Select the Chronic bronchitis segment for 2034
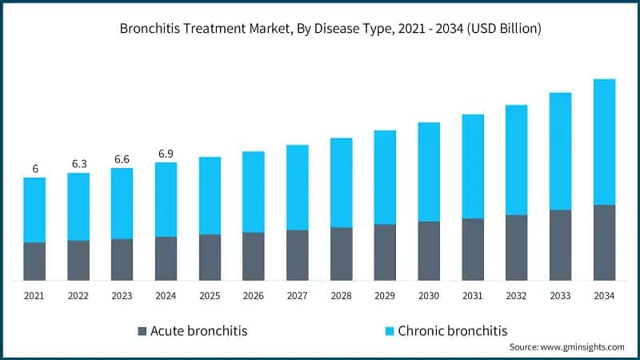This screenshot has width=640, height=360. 604,142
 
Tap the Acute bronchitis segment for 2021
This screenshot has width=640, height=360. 34,261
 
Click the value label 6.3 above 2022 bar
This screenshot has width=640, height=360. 78,164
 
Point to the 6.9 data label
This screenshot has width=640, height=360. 166,153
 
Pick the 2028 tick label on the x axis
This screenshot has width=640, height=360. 341,296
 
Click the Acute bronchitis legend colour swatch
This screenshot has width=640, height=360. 142,331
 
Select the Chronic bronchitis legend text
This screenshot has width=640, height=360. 452,330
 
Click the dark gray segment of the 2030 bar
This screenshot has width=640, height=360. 429,250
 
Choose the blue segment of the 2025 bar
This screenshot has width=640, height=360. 210,195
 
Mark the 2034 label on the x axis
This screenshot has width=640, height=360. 604,296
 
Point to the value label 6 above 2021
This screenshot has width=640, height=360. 34,169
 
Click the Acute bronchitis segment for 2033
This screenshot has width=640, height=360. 560,245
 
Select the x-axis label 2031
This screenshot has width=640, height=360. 473,296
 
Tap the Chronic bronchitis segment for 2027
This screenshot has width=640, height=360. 298,187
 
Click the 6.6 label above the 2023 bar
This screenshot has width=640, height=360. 122,158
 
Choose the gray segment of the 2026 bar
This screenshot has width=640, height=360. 254,256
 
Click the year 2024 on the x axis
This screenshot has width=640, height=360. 166,296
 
